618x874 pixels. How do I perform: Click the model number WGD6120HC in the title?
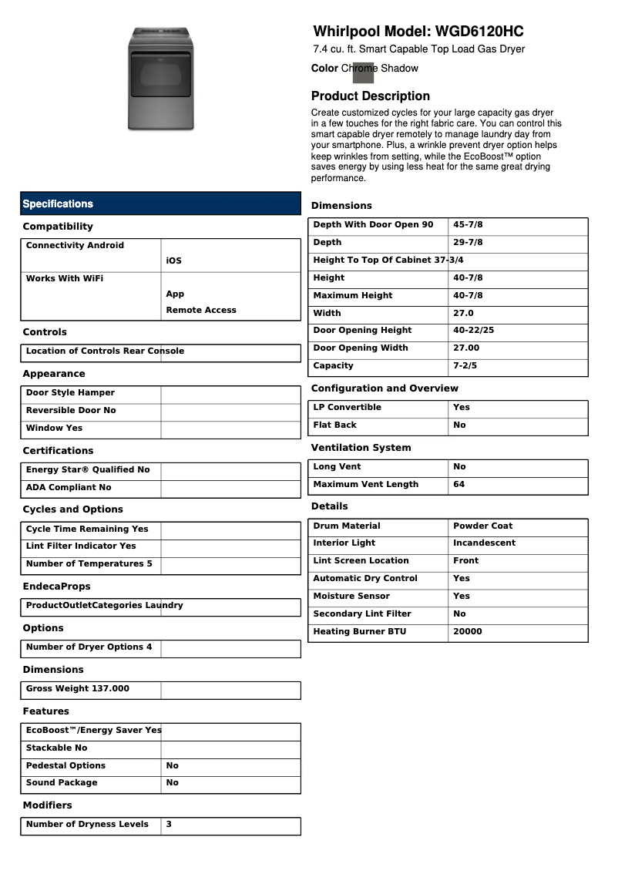click(x=479, y=32)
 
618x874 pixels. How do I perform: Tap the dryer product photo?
click(x=160, y=79)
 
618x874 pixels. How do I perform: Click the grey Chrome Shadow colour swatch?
click(x=363, y=72)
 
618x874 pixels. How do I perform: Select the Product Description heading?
click(x=370, y=96)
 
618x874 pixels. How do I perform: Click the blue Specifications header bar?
click(x=160, y=203)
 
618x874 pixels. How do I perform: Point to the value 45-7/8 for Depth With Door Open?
click(x=468, y=225)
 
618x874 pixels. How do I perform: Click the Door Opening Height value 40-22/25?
click(x=473, y=331)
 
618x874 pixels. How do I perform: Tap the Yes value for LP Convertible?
click(x=461, y=408)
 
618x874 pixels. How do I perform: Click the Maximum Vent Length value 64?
click(x=459, y=485)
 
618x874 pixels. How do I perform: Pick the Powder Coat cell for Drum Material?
click(x=482, y=526)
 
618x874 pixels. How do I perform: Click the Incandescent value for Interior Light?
click(x=484, y=543)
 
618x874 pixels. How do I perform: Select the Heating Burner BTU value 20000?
click(x=467, y=632)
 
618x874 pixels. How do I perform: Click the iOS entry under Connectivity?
click(x=173, y=261)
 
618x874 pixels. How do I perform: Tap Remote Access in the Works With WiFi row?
click(x=201, y=311)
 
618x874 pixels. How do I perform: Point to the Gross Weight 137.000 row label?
click(x=78, y=689)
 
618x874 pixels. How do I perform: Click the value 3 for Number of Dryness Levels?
click(x=169, y=825)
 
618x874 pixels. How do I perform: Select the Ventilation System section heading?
click(x=361, y=448)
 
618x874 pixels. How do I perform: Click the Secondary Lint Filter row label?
click(x=362, y=614)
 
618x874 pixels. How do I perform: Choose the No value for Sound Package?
click(x=172, y=783)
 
